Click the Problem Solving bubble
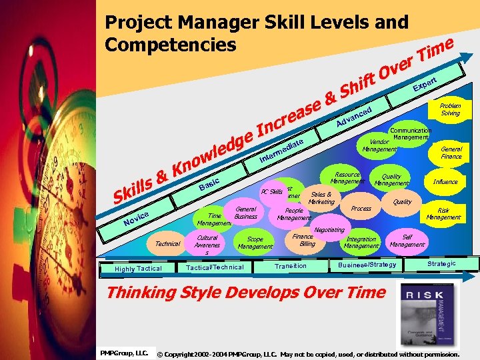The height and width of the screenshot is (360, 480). coord(450,109)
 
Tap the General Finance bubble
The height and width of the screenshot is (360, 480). coord(451,153)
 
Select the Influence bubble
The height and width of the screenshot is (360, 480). coord(445,181)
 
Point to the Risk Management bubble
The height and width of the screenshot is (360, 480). coord(443,213)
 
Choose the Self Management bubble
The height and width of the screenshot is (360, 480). coord(407,241)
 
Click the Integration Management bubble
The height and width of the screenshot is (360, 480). coord(361,242)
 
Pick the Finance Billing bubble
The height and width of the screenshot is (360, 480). coord(304,240)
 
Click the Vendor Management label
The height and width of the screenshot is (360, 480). coord(379,145)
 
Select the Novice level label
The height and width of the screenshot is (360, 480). coord(135,215)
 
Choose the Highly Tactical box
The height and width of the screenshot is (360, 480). coord(138,268)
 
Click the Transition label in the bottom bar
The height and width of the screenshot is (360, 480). coord(291,266)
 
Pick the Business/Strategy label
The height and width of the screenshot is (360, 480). coord(367,265)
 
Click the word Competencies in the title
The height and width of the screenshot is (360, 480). coord(171,45)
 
